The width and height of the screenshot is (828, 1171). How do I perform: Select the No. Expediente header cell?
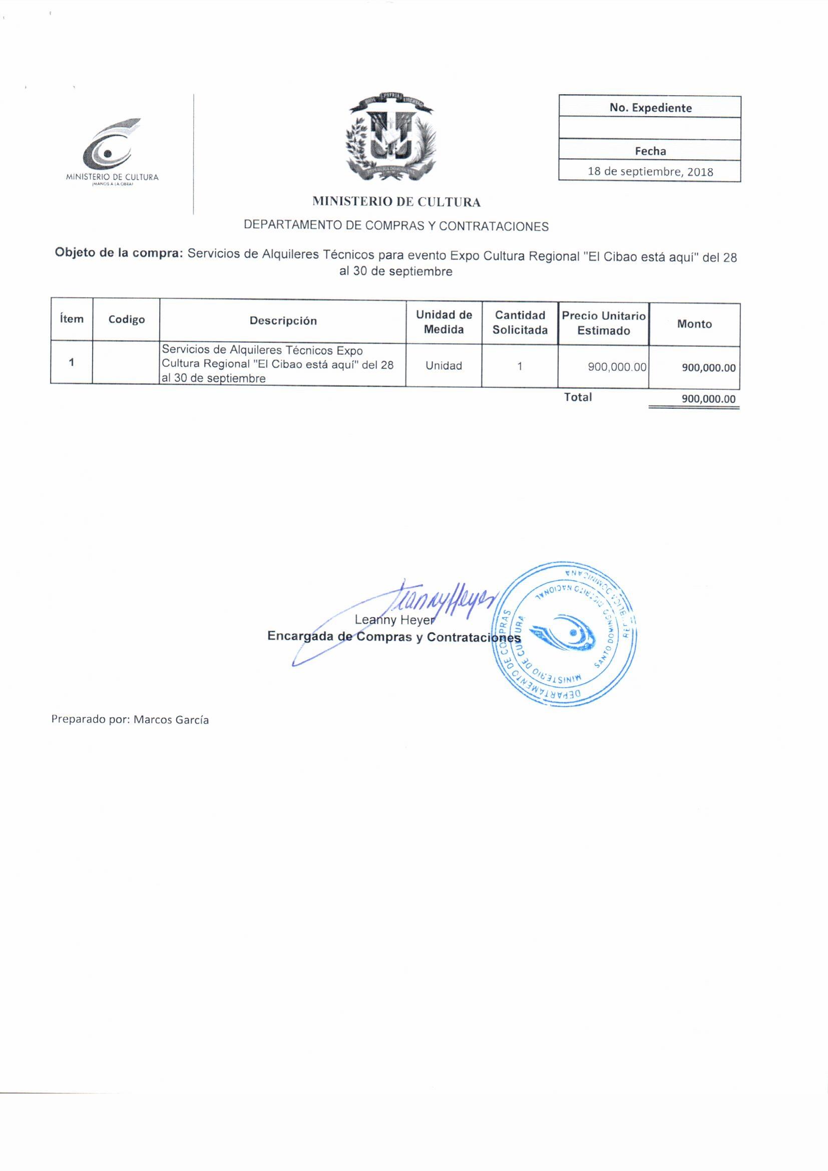click(650, 108)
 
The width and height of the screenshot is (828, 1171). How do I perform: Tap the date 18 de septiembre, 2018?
click(650, 171)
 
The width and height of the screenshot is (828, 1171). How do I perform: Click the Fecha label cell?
click(650, 150)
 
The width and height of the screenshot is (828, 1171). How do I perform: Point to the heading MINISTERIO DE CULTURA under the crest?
click(396, 202)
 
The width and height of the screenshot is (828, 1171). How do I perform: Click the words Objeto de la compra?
click(119, 253)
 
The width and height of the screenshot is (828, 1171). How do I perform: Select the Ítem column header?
click(72, 319)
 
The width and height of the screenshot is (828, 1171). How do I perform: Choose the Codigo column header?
click(126, 320)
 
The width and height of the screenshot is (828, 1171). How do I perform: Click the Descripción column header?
click(283, 321)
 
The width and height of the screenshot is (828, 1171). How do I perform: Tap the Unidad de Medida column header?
click(444, 322)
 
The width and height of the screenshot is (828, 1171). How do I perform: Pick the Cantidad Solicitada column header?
click(520, 323)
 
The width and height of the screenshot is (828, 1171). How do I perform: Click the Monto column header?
click(694, 324)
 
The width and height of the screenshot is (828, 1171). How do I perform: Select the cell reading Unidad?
click(444, 366)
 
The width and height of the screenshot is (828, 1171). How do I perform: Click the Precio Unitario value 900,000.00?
click(617, 367)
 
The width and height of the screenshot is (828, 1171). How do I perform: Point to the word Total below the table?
click(578, 397)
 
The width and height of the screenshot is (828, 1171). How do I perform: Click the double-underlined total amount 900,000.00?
click(708, 399)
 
